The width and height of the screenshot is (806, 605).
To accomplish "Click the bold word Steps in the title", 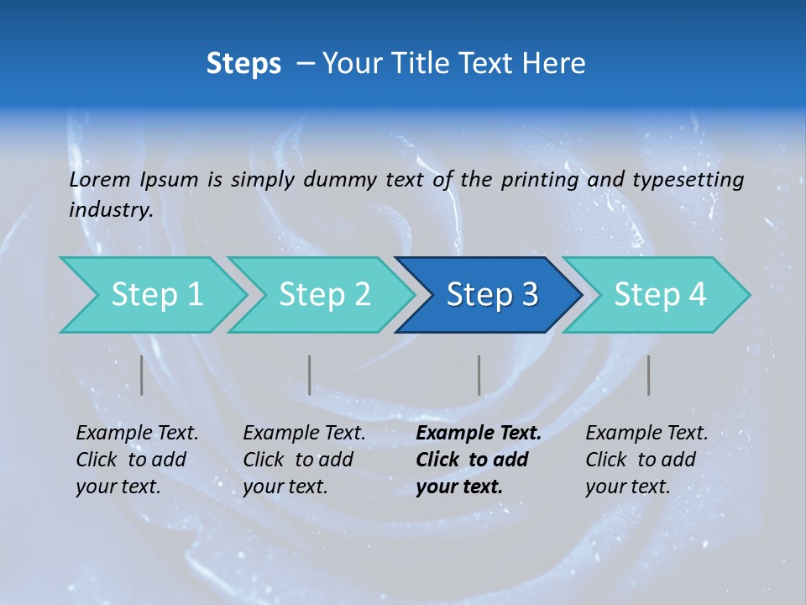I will click(243, 63).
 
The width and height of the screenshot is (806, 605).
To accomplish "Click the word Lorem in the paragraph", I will click(100, 180).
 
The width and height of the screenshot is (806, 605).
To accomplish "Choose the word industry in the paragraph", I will click(110, 209).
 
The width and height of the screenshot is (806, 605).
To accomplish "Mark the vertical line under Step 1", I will click(141, 375).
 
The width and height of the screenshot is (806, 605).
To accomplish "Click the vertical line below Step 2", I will click(310, 375).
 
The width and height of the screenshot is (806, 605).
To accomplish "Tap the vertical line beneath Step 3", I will click(479, 375).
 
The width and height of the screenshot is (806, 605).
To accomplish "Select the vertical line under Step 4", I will click(649, 375).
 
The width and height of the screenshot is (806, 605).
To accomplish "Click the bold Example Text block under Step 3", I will click(478, 460).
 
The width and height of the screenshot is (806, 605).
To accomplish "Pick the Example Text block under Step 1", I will click(137, 460).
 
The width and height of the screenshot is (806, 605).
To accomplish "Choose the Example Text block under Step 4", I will click(646, 460).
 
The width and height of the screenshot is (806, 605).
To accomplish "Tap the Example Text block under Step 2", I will click(304, 460).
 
